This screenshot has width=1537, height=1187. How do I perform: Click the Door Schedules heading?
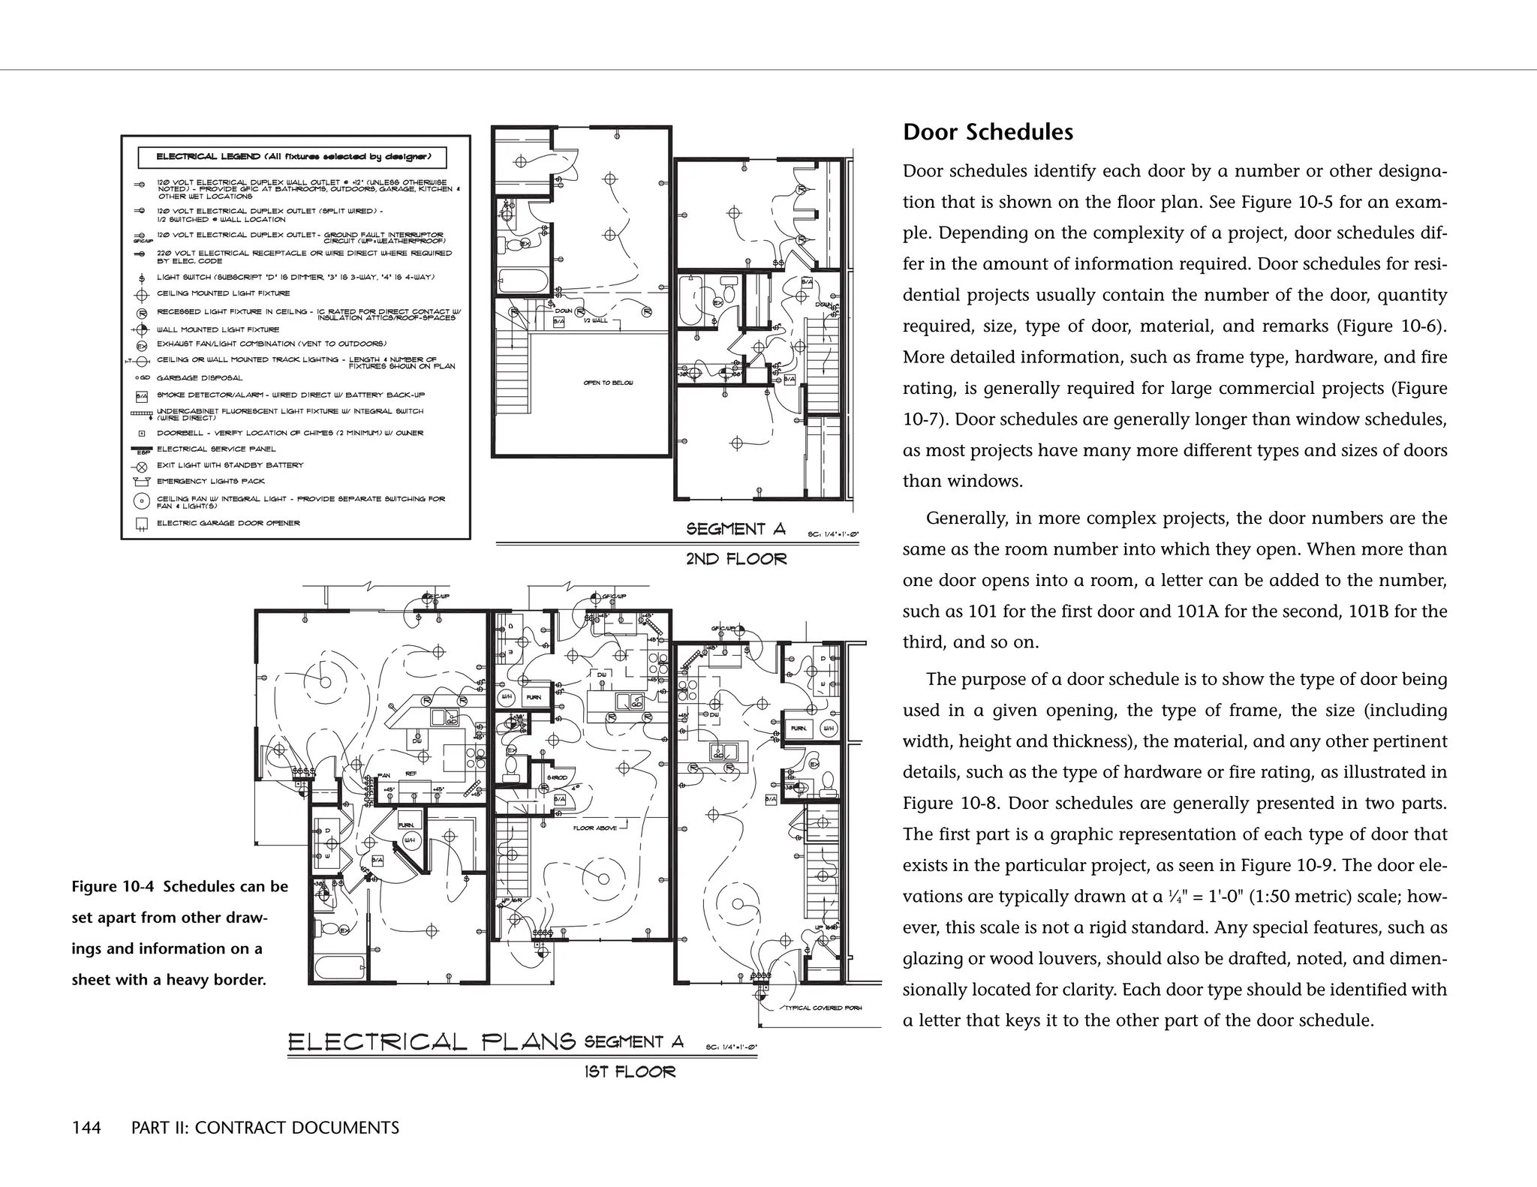coord(988,132)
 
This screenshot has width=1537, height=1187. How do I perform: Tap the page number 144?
coord(86,1128)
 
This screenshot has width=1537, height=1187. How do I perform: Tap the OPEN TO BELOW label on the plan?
coord(608,383)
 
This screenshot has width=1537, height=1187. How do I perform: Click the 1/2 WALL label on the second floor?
coord(595,320)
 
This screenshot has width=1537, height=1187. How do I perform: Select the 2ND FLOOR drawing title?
coord(736,559)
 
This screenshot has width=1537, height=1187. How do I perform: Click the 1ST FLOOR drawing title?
coord(630,1072)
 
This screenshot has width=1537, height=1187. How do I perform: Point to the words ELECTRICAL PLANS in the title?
coord(432,1042)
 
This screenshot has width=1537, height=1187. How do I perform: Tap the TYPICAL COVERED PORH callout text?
coord(823,1008)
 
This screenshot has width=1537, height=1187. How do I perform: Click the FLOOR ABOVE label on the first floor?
coord(595,828)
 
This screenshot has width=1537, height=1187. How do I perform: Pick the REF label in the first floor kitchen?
coord(411,774)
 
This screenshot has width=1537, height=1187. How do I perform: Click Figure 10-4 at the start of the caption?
coord(113,887)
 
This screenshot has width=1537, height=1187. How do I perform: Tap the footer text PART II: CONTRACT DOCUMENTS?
coord(265,1128)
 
